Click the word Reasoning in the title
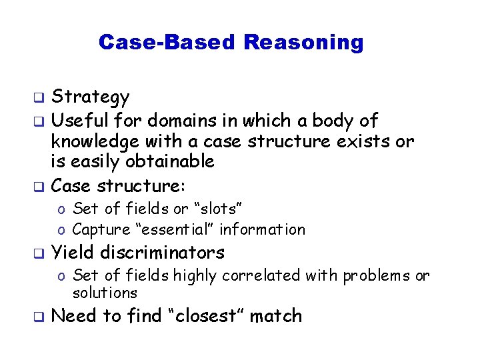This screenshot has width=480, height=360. pos(303,43)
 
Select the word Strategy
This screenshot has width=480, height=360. pos(91,98)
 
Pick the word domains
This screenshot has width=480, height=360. pos(173,121)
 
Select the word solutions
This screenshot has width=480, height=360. pos(105,293)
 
